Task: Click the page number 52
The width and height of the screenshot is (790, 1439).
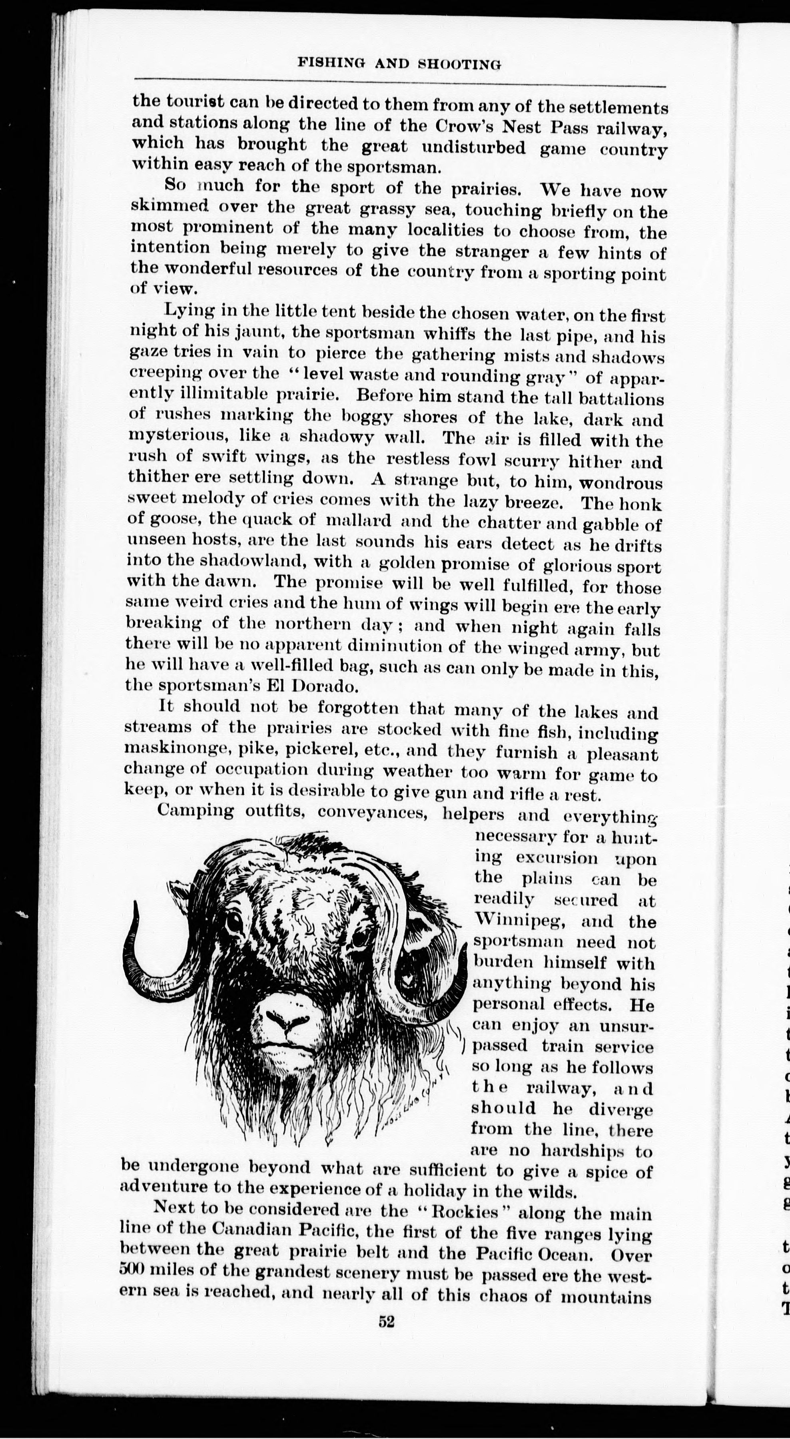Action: tap(387, 1321)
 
